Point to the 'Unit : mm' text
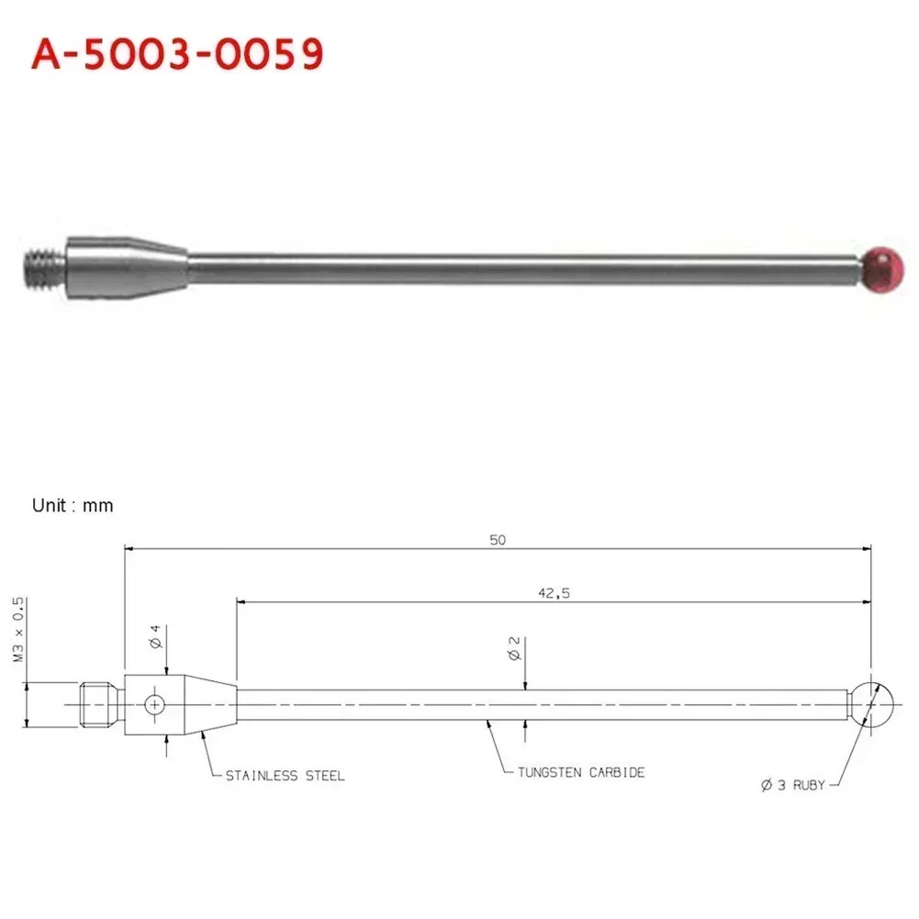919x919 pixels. pyautogui.click(x=73, y=505)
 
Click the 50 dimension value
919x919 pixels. pyautogui.click(x=498, y=540)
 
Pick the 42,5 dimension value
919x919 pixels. pyautogui.click(x=554, y=593)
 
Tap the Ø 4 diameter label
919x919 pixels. pyautogui.click(x=155, y=636)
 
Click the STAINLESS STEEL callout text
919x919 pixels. pyautogui.click(x=285, y=776)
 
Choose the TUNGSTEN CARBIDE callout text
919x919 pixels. pyautogui.click(x=580, y=772)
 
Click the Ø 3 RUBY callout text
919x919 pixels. pyautogui.click(x=793, y=786)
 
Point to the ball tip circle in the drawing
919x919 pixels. pyautogui.click(x=871, y=704)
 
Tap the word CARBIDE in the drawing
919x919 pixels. pyautogui.click(x=616, y=772)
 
